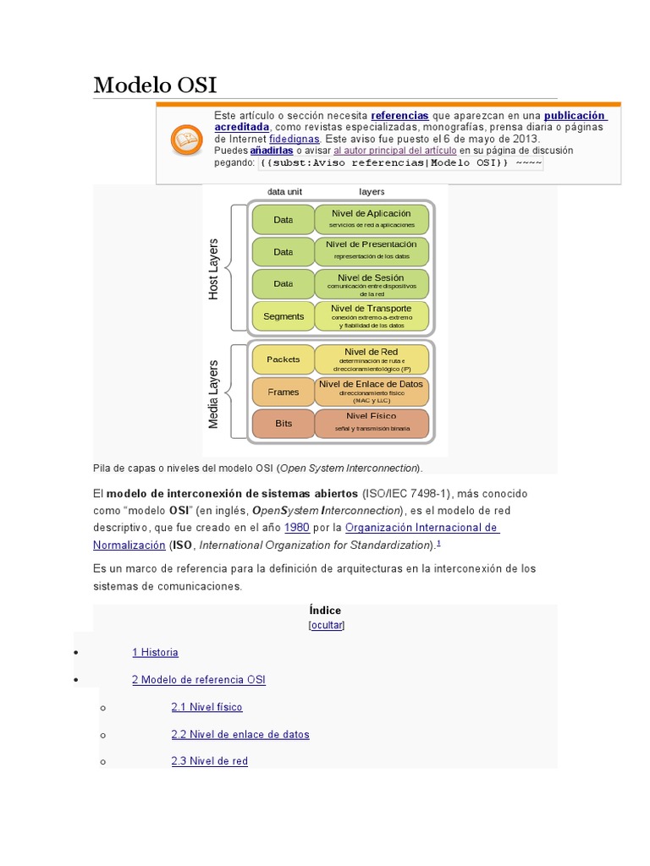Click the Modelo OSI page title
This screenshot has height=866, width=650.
pyautogui.click(x=155, y=85)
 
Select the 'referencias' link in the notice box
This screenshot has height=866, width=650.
pyautogui.click(x=399, y=115)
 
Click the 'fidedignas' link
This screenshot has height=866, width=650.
pyautogui.click(x=294, y=139)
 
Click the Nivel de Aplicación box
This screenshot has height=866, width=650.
pyautogui.click(x=372, y=219)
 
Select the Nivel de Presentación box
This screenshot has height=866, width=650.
pyautogui.click(x=372, y=250)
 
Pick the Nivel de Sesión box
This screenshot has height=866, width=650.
pyautogui.click(x=372, y=283)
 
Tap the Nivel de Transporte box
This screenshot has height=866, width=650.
pyautogui.click(x=372, y=315)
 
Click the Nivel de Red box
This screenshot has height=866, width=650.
pyautogui.click(x=372, y=359)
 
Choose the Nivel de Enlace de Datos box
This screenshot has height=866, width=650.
pyautogui.click(x=372, y=392)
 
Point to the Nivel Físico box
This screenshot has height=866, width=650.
pyautogui.click(x=372, y=423)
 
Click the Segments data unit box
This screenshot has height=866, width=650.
pyautogui.click(x=283, y=316)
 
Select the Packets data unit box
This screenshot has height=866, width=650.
pyautogui.click(x=283, y=359)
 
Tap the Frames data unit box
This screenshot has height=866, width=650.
pyautogui.click(x=283, y=392)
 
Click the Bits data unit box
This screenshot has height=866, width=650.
pyautogui.click(x=283, y=423)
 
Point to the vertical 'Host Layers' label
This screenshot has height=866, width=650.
pyautogui.click(x=213, y=269)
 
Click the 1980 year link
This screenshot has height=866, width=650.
pyautogui.click(x=296, y=527)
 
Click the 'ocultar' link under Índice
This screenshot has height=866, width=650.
pyautogui.click(x=327, y=625)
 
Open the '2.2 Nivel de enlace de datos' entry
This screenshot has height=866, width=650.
pyautogui.click(x=240, y=734)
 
